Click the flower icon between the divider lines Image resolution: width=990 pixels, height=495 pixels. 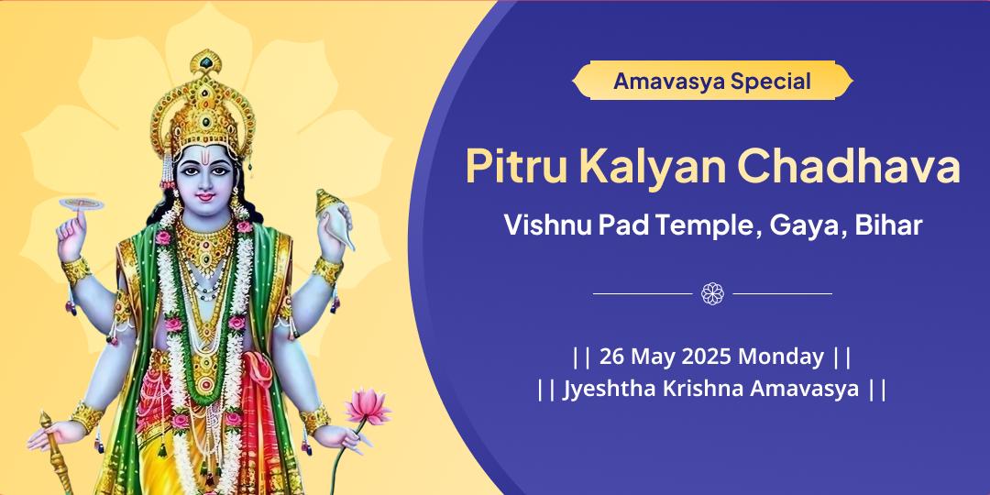pyautogui.click(x=712, y=293)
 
